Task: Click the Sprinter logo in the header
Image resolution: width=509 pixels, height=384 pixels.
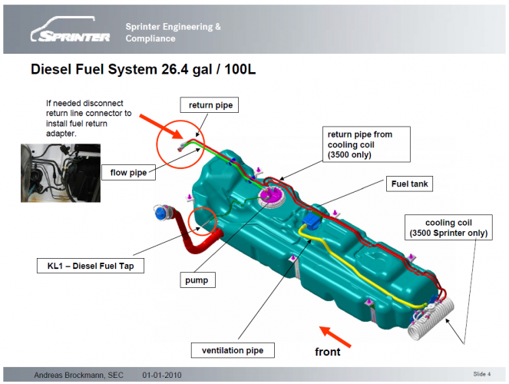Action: click(x=68, y=35)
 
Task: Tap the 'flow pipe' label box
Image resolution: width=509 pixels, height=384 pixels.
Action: click(x=128, y=173)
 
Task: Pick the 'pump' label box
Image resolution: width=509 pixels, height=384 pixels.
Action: click(x=195, y=281)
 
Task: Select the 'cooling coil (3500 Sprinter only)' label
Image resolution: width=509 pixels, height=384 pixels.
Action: click(x=446, y=227)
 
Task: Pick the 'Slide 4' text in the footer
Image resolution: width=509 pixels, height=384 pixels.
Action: click(x=482, y=374)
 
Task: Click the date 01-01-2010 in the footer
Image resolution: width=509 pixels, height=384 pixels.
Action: click(x=162, y=375)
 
